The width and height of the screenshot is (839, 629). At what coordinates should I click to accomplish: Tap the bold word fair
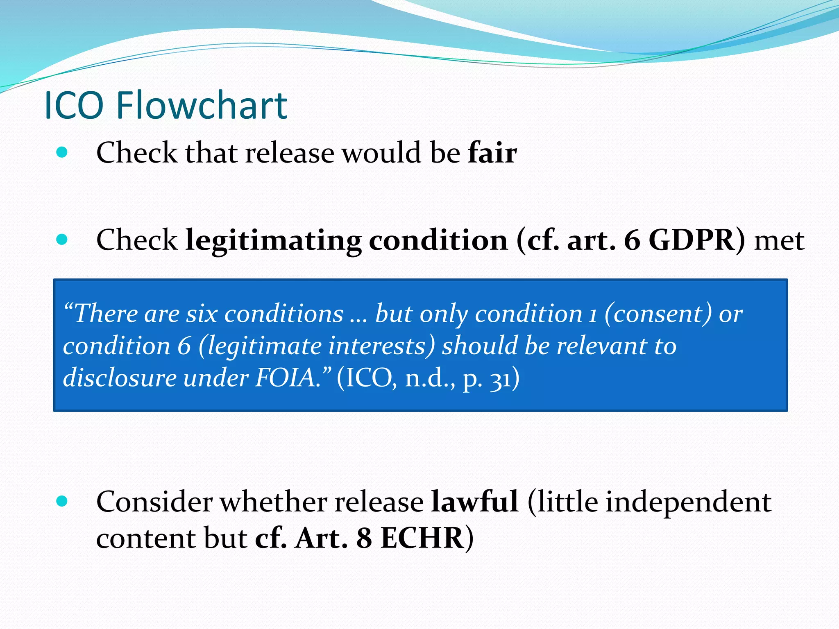(492, 152)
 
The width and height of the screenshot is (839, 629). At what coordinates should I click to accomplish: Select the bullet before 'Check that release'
(62, 152)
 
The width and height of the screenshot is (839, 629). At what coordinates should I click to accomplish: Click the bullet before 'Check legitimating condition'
(62, 240)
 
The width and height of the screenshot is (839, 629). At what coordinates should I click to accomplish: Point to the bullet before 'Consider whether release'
(62, 501)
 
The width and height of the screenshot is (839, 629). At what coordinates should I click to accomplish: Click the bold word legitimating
(273, 241)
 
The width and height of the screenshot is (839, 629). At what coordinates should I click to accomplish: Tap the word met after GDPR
(779, 241)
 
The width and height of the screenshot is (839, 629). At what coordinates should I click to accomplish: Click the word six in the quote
(202, 314)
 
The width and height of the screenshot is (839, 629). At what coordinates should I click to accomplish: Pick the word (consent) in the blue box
(658, 314)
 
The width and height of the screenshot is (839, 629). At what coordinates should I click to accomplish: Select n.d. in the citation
(429, 378)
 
